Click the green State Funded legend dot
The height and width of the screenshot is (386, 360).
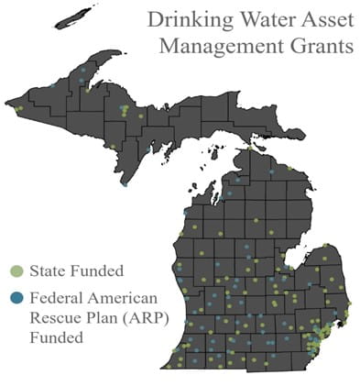[16, 272]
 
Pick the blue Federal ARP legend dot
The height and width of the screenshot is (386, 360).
[16, 298]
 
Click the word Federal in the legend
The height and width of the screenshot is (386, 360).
[54, 298]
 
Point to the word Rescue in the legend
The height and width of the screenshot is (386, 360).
[52, 317]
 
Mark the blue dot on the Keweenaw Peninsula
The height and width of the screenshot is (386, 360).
[83, 69]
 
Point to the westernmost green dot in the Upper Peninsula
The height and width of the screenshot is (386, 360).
[17, 108]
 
